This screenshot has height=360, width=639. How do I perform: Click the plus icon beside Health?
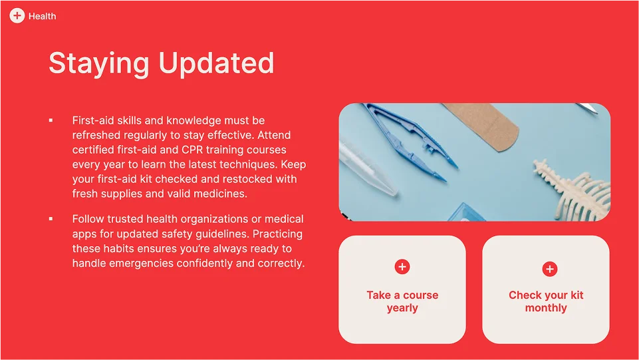pos(17,16)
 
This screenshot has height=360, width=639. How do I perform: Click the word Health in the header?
pos(43,17)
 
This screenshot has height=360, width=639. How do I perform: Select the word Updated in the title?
pos(216,63)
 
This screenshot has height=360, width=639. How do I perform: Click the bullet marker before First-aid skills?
pos(51,120)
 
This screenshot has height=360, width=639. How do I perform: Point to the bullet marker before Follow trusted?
pos(51,219)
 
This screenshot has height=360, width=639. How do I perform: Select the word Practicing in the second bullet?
pos(277,234)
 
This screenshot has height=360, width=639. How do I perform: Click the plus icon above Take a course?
pos(402,267)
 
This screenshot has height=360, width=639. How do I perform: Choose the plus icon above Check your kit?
pos(550,269)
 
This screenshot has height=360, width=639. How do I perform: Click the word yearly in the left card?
pos(402,308)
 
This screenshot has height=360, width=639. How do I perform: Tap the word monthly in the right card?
pos(546,308)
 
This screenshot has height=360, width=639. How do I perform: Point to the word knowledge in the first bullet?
pos(193,120)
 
